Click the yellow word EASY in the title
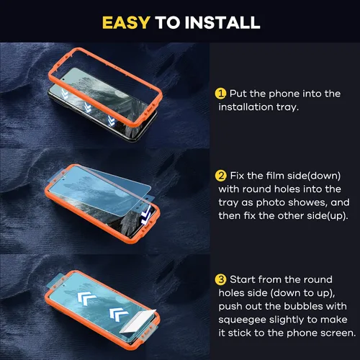coord(126,23)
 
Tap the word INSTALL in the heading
coord(222,23)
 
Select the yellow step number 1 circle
coord(220,94)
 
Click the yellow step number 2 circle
coord(220,176)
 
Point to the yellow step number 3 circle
coord(220,279)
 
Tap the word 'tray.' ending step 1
coord(287,107)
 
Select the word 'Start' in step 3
coord(243,279)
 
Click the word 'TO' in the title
coord(168,23)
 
